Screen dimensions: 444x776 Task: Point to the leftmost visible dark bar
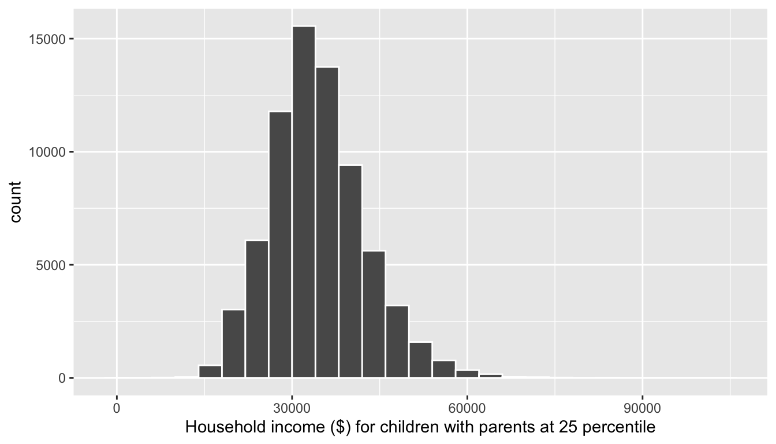210,372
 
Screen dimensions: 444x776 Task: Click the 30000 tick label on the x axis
292,408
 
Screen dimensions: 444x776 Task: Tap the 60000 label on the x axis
467,408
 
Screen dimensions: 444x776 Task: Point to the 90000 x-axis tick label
642,408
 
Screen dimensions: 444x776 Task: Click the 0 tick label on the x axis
117,408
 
